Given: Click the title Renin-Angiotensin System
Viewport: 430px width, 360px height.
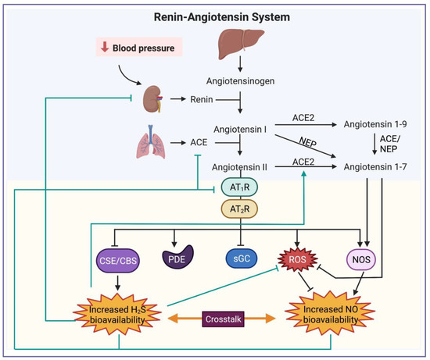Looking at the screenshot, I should pyautogui.click(x=214, y=16).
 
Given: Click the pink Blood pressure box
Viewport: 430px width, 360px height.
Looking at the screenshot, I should pyautogui.click(x=137, y=48).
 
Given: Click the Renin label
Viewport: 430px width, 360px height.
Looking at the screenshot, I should pyautogui.click(x=202, y=100).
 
